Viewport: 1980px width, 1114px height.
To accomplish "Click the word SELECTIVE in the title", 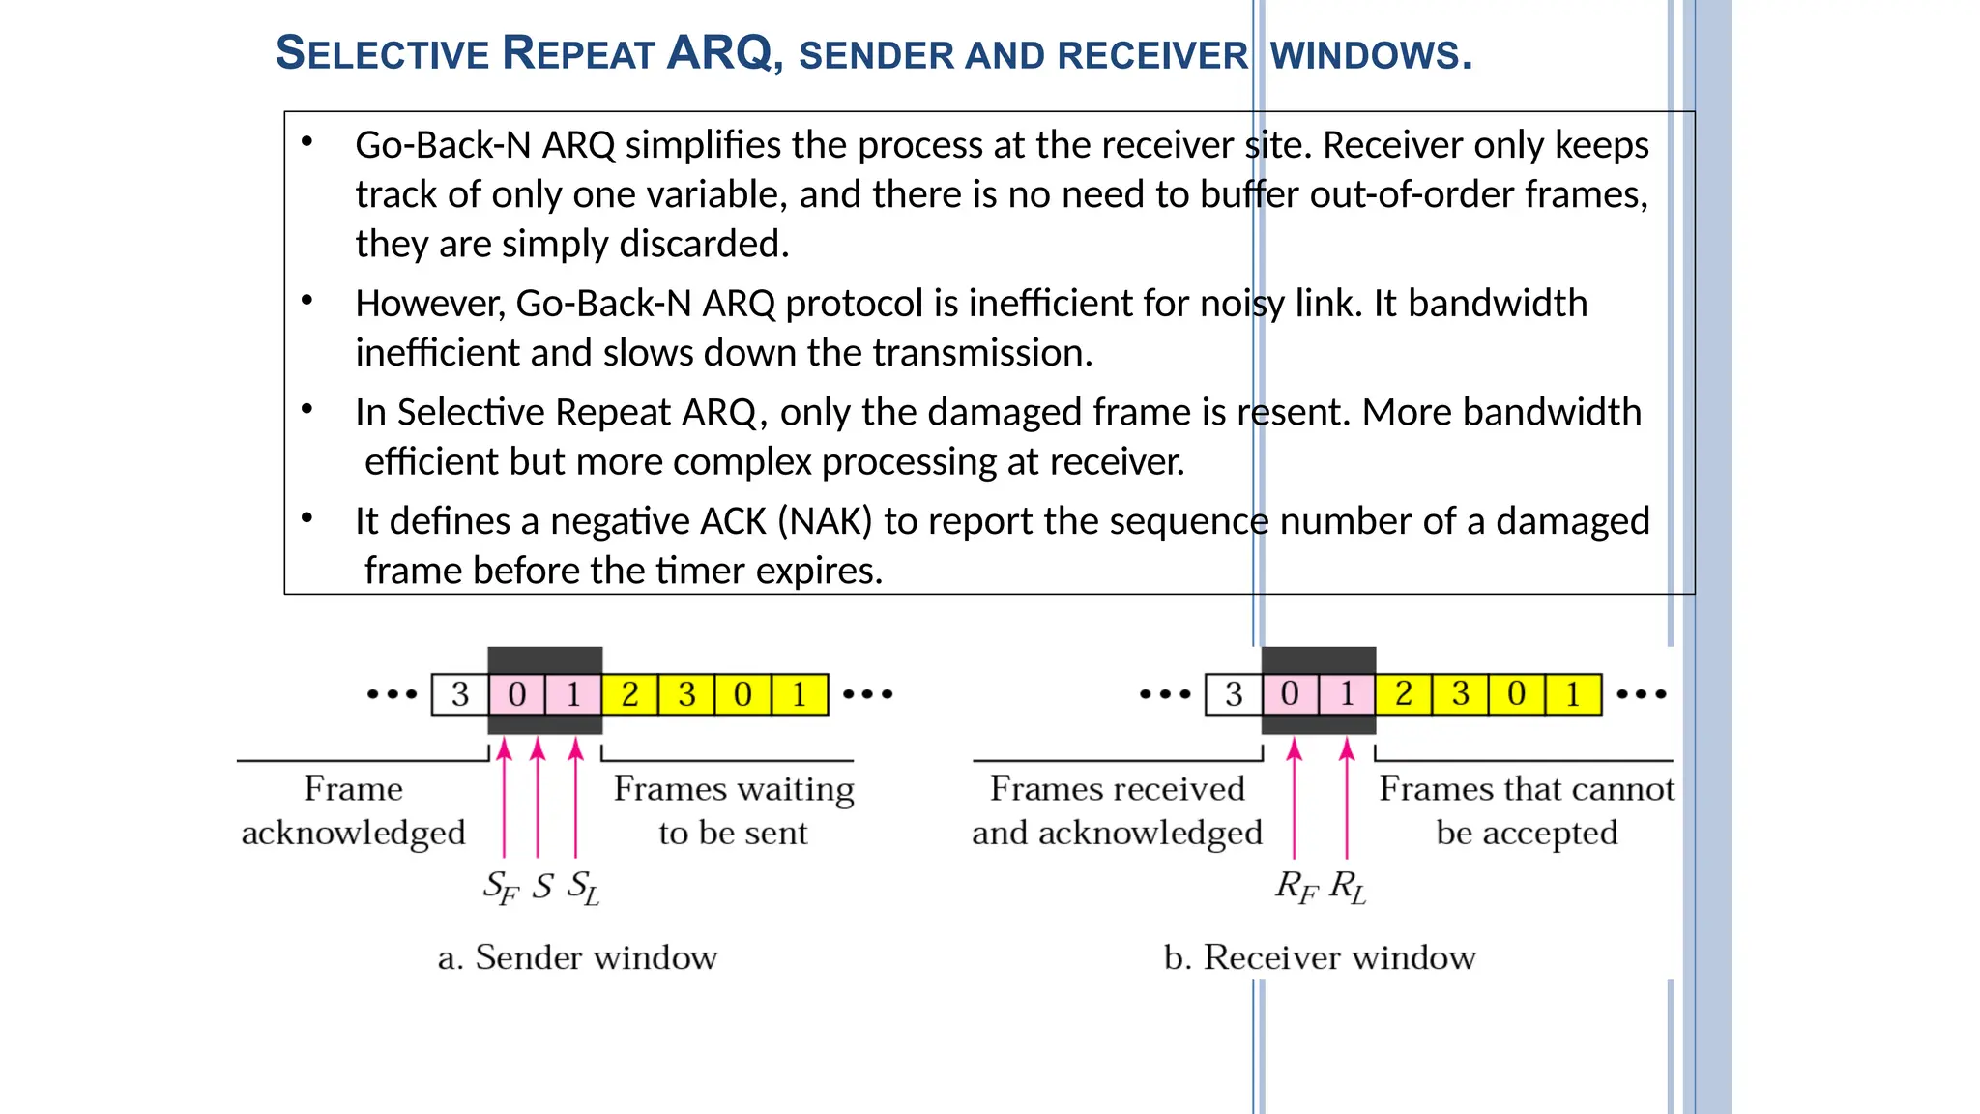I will (383, 53).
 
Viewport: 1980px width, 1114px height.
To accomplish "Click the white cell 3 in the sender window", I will (460, 694).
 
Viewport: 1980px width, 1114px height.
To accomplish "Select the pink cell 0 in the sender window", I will (517, 694).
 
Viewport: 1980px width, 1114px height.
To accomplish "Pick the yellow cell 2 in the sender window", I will (629, 694).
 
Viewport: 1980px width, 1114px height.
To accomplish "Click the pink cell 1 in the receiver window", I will (1347, 694).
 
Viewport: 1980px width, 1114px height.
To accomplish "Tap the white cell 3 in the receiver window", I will (1234, 694).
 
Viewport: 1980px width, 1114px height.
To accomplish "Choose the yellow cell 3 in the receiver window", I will (1460, 694).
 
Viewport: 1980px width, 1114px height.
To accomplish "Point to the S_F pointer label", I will (501, 887).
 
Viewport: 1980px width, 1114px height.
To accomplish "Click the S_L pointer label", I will (583, 887).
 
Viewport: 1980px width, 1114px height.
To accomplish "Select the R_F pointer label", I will (1296, 887).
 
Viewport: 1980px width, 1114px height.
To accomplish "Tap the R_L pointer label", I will (1348, 887).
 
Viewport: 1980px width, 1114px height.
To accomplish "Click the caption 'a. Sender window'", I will (577, 957).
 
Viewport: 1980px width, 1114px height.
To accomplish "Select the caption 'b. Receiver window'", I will (1320, 957).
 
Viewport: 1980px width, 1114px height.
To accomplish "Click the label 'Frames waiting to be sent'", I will (734, 810).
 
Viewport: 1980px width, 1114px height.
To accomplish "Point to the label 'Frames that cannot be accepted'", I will (1526, 810).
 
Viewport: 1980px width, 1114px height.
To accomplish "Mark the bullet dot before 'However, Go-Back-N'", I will (306, 300).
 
